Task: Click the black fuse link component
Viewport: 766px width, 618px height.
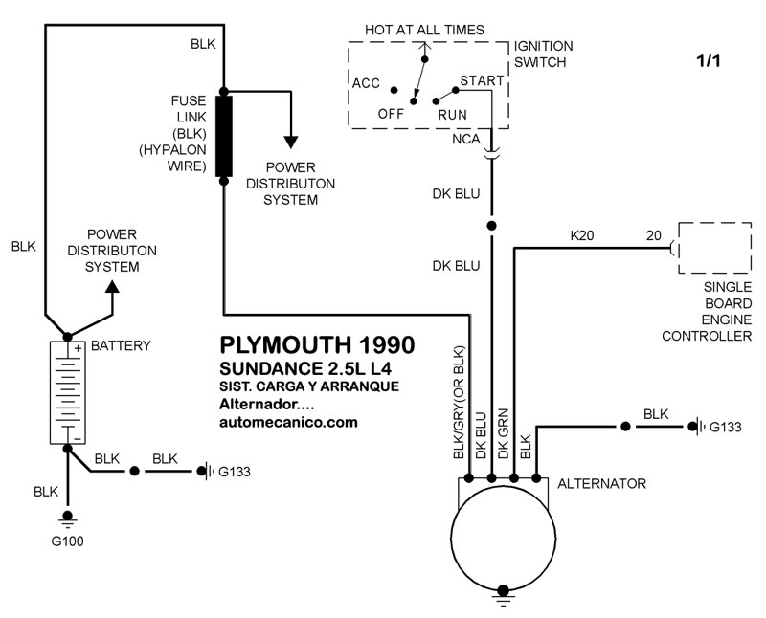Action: point(223,136)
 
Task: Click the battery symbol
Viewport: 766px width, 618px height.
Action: point(66,392)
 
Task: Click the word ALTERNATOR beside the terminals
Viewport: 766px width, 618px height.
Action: point(601,484)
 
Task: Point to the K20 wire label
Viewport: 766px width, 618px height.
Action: point(581,234)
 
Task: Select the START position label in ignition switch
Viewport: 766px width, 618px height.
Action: point(482,80)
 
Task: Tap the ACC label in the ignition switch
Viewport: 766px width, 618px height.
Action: point(367,83)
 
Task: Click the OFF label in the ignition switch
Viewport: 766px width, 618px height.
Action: point(391,113)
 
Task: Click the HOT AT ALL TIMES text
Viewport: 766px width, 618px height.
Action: point(424,30)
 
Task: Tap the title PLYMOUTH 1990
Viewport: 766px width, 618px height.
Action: point(305,344)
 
